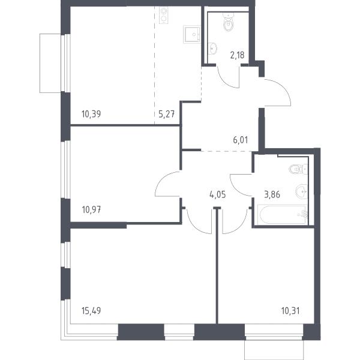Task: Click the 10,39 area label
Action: (x=91, y=114)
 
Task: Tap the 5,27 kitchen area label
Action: (x=167, y=114)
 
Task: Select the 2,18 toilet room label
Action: (x=237, y=55)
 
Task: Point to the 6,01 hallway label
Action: (x=241, y=140)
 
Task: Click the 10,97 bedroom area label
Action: (x=91, y=209)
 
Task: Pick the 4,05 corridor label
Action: (x=218, y=194)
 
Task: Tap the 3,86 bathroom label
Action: (x=272, y=194)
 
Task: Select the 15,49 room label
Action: (x=91, y=311)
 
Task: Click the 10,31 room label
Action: (x=290, y=311)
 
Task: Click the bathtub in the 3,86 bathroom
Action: (x=283, y=215)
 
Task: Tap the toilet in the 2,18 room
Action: (x=228, y=22)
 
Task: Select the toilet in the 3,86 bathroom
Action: (x=298, y=169)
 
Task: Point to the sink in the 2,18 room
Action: (x=213, y=49)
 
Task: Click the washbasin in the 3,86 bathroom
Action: (x=301, y=191)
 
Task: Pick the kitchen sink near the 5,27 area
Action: (x=192, y=34)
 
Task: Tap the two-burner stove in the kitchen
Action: (x=163, y=15)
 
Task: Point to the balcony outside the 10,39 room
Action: (x=50, y=64)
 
